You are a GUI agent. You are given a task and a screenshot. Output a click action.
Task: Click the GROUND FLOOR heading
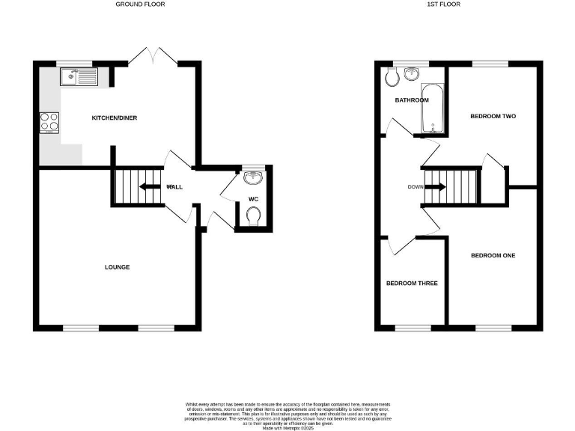(x=140, y=4)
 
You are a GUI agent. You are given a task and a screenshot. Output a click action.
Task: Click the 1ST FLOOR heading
(x=445, y=4)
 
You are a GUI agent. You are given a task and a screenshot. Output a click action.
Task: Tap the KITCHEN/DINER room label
(x=114, y=118)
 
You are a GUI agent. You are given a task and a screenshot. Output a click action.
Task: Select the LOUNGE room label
(x=118, y=267)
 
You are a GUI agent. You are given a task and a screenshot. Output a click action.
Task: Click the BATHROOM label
(x=412, y=100)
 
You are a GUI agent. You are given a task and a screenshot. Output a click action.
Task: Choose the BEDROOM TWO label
(x=493, y=117)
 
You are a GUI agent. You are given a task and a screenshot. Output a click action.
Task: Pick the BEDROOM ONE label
(x=493, y=256)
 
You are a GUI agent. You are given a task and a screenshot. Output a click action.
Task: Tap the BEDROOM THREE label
(x=412, y=284)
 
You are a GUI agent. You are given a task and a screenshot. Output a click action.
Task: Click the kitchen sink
(x=79, y=75)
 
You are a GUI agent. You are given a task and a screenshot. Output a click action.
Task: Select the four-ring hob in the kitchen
(x=50, y=121)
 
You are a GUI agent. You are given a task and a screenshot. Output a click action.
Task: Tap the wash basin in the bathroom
(x=411, y=74)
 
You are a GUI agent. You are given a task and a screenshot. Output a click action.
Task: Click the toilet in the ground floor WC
(x=254, y=216)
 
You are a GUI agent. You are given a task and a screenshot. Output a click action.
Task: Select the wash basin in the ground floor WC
(x=254, y=177)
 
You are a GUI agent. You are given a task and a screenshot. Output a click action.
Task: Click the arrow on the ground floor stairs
(x=149, y=187)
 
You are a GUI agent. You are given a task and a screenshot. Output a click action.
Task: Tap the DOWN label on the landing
(x=416, y=187)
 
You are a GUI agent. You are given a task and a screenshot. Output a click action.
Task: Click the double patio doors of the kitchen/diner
(x=152, y=57)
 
